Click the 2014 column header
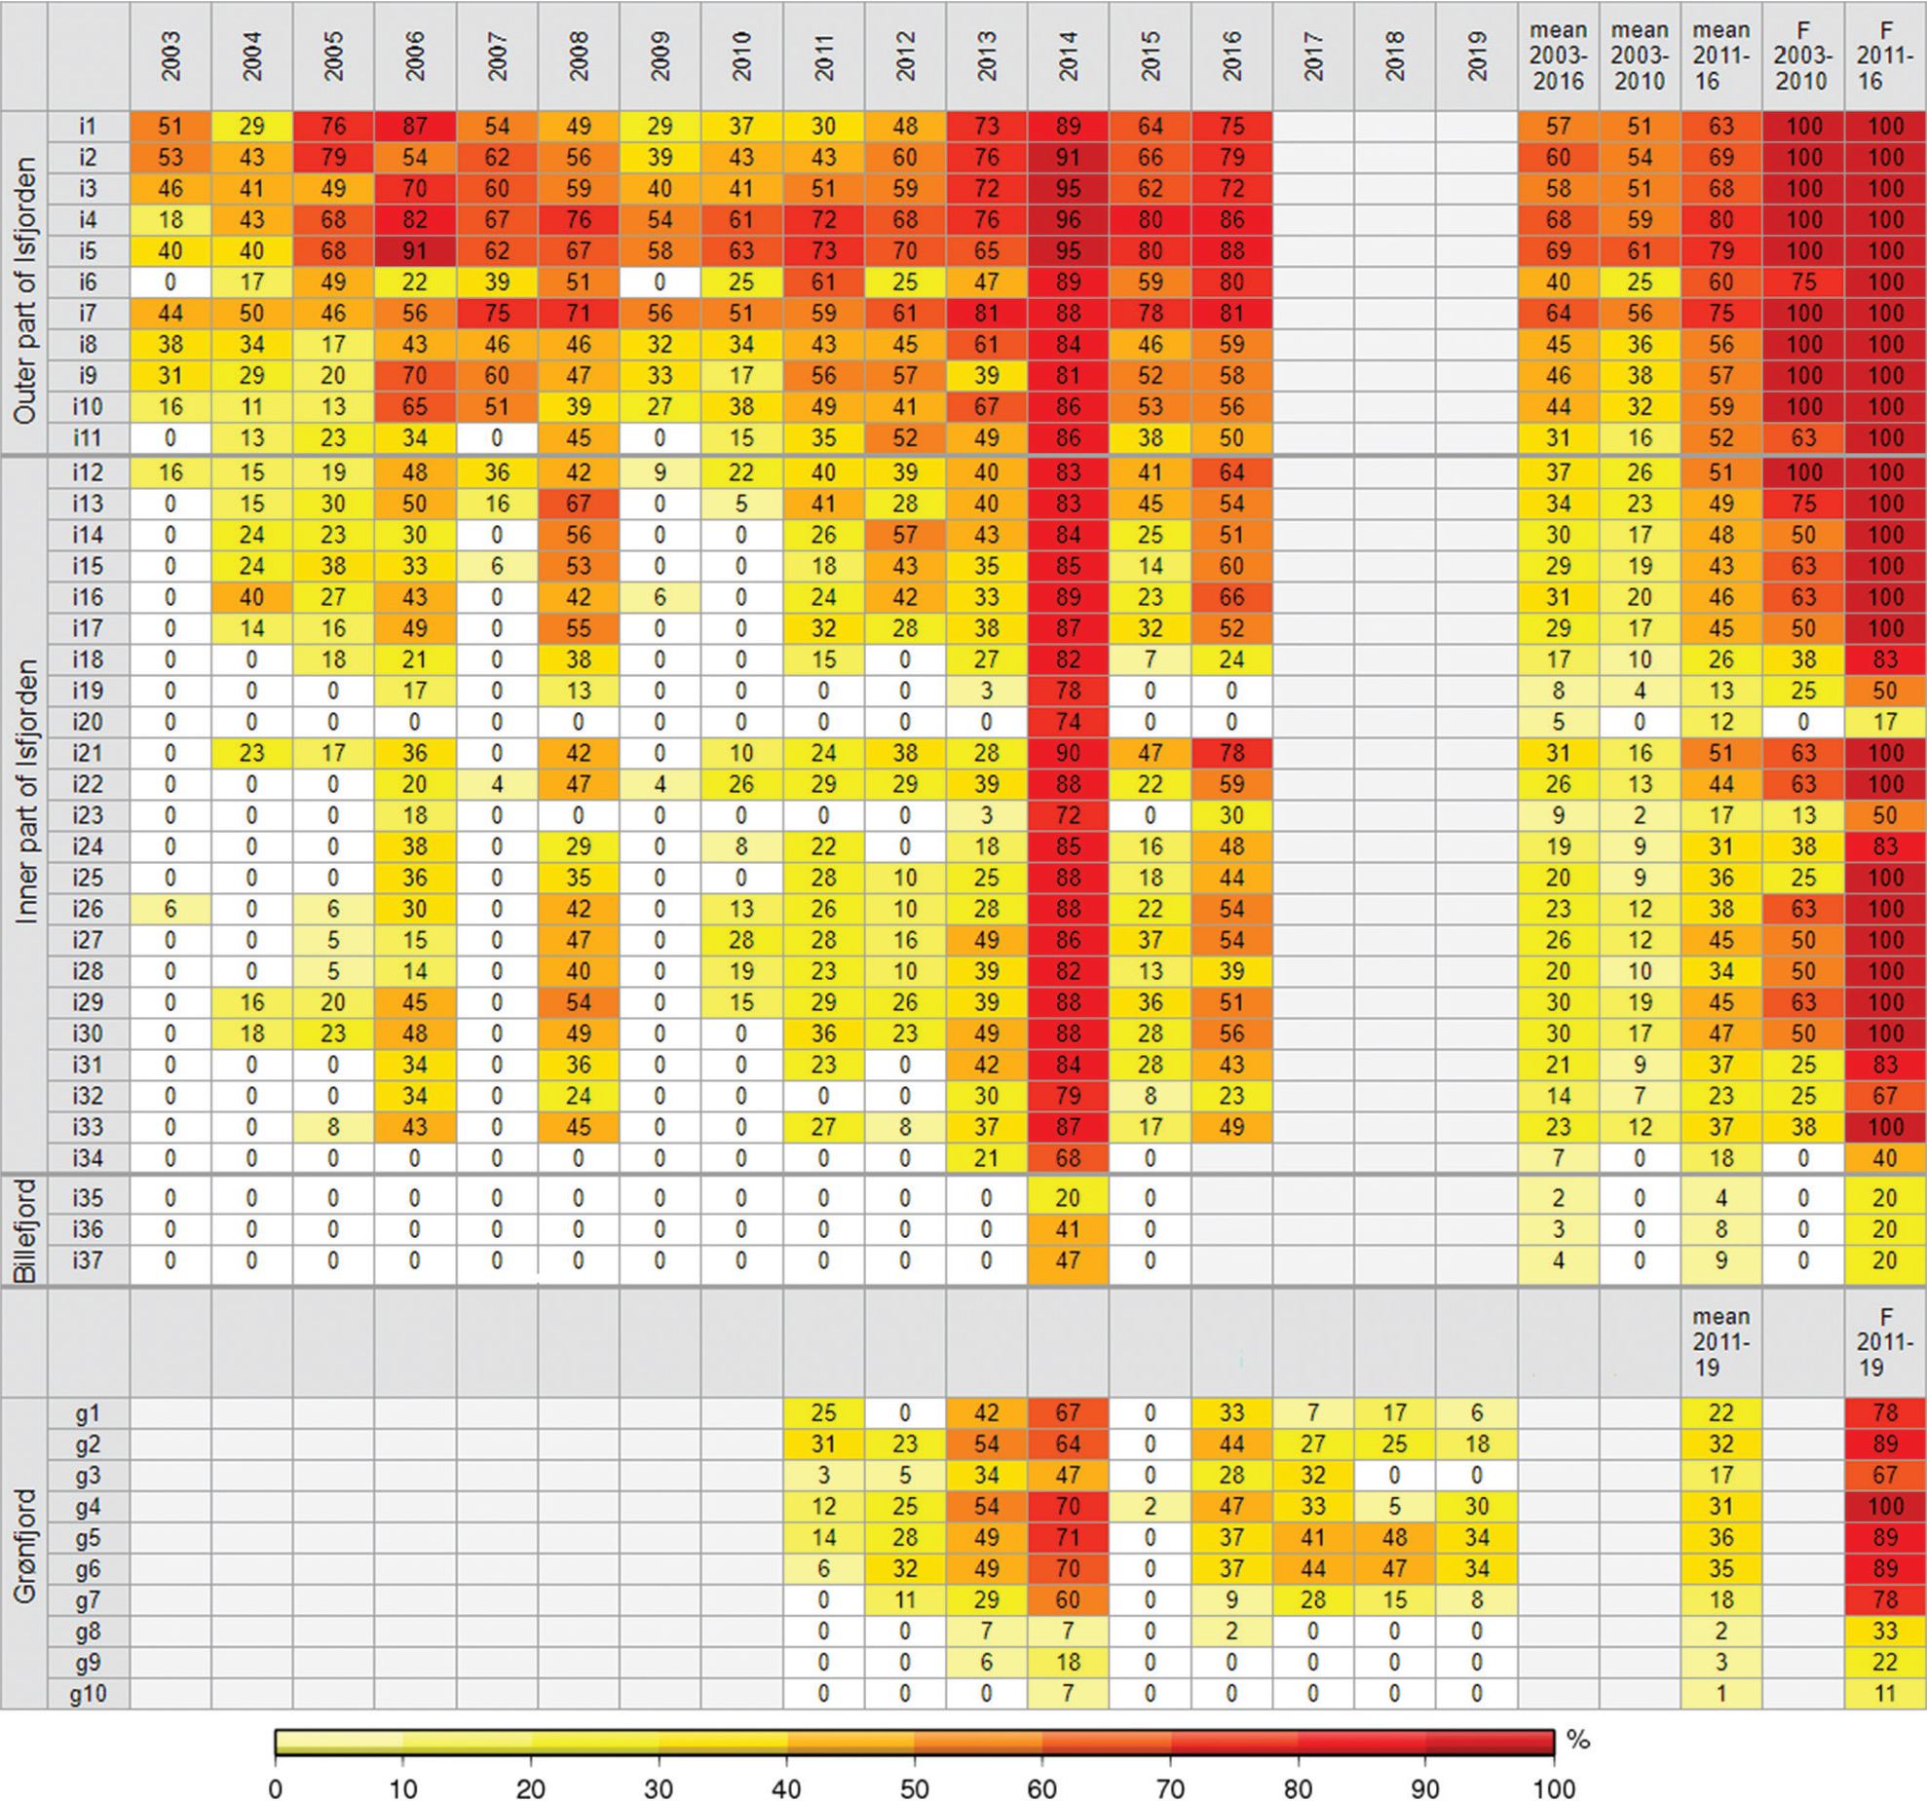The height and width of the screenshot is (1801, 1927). pyautogui.click(x=1068, y=56)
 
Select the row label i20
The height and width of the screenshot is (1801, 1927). pyautogui.click(x=88, y=722)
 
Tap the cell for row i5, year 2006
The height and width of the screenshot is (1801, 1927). pyautogui.click(x=415, y=250)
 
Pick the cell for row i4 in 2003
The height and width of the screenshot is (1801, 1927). pyautogui.click(x=170, y=219)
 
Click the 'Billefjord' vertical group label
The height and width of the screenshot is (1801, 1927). pyautogui.click(x=24, y=1230)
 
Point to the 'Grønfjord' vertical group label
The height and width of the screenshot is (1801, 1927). pyautogui.click(x=24, y=1546)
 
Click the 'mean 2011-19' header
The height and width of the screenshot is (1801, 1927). pyautogui.click(x=1721, y=1342)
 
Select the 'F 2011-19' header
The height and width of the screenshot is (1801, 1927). pyautogui.click(x=1885, y=1342)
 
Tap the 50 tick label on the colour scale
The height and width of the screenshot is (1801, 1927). pyautogui.click(x=914, y=1788)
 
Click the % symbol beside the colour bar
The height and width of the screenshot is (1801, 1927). pyautogui.click(x=1578, y=1740)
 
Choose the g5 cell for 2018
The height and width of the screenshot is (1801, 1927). pyautogui.click(x=1394, y=1537)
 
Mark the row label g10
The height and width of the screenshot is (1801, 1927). pyautogui.click(x=88, y=1693)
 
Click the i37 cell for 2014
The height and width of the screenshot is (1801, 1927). pyautogui.click(x=1068, y=1260)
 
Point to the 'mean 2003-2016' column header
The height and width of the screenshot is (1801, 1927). pyautogui.click(x=1558, y=56)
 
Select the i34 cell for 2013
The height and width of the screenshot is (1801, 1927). pyautogui.click(x=986, y=1158)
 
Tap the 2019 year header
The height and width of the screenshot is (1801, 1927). pyautogui.click(x=1476, y=56)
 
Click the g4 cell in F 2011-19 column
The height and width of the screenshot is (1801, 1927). pyautogui.click(x=1885, y=1506)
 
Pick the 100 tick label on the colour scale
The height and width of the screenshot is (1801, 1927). pyautogui.click(x=1554, y=1788)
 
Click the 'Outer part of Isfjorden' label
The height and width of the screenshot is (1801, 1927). pyautogui.click(x=24, y=290)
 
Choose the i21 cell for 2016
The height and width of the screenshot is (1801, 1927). pyautogui.click(x=1231, y=753)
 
